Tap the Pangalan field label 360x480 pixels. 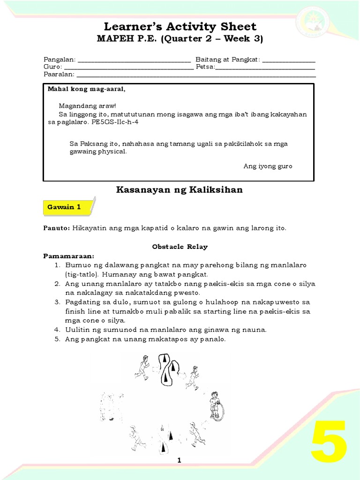click(x=59, y=60)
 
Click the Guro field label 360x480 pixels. click(x=51, y=67)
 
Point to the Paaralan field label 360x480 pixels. click(x=59, y=75)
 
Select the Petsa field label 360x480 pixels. click(x=205, y=67)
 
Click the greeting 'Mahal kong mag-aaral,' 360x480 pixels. click(x=87, y=89)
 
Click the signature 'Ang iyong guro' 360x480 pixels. click(x=268, y=166)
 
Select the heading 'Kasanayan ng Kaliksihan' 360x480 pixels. click(x=179, y=190)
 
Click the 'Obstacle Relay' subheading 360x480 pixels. click(x=180, y=247)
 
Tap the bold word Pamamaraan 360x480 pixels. click(x=68, y=256)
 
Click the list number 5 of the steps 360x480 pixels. click(x=57, y=339)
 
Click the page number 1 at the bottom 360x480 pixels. click(x=179, y=461)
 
